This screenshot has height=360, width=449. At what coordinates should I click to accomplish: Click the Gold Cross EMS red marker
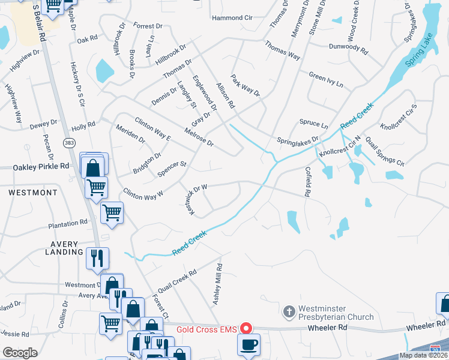(x=246, y=329)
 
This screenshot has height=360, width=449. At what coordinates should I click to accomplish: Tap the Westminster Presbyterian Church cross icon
(x=289, y=312)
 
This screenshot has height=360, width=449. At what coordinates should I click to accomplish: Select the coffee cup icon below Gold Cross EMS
(x=247, y=344)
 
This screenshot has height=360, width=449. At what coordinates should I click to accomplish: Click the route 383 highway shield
(x=69, y=142)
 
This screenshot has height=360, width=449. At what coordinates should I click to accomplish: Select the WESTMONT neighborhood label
(x=33, y=193)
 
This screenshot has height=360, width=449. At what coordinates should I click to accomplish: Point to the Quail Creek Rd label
(x=176, y=283)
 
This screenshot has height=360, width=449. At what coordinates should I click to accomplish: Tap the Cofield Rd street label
(x=307, y=182)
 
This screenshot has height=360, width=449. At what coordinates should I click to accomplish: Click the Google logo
(x=20, y=353)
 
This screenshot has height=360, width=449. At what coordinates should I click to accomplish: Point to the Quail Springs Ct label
(x=385, y=152)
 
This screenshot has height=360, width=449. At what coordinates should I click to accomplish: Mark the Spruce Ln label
(x=314, y=125)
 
